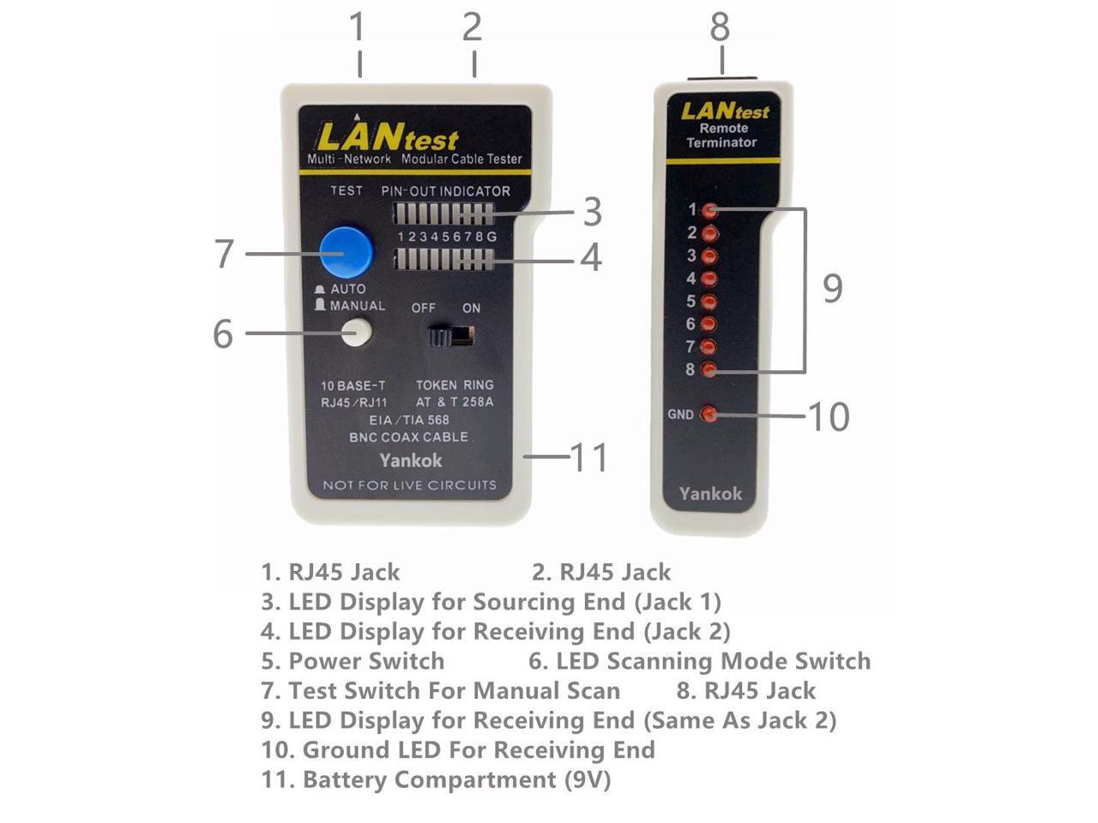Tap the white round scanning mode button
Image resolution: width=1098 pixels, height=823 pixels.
pyautogui.click(x=356, y=332)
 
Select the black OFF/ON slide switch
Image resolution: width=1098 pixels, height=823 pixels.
pyautogui.click(x=451, y=335)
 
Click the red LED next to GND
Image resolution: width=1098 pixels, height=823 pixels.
pyautogui.click(x=709, y=414)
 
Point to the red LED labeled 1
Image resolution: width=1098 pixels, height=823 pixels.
pyautogui.click(x=709, y=210)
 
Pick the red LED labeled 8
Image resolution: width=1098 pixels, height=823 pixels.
pyautogui.click(x=709, y=369)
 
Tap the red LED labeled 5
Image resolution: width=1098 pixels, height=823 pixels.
pyautogui.click(x=709, y=301)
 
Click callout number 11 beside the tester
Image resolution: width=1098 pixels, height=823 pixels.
pyautogui.click(x=589, y=457)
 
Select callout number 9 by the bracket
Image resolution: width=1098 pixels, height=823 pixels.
pyautogui.click(x=832, y=288)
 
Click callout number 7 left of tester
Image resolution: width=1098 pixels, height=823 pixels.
pyautogui.click(x=224, y=254)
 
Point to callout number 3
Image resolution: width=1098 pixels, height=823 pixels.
pyautogui.click(x=593, y=212)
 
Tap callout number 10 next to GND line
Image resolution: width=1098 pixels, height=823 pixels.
pyautogui.click(x=829, y=417)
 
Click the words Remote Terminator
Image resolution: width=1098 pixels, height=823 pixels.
pyautogui.click(x=722, y=135)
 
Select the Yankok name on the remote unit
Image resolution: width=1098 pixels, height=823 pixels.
pyautogui.click(x=710, y=493)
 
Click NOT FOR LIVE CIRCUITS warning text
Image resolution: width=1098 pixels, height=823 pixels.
pyautogui.click(x=409, y=485)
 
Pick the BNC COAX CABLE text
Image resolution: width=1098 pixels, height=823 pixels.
pyautogui.click(x=408, y=437)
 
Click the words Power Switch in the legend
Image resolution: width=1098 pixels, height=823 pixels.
pyautogui.click(x=366, y=661)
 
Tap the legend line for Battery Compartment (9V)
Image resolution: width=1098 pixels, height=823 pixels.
pyautogui.click(x=436, y=779)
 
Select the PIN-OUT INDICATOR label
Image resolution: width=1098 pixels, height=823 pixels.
pyautogui.click(x=445, y=191)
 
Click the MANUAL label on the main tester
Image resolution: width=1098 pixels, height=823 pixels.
pyautogui.click(x=357, y=306)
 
